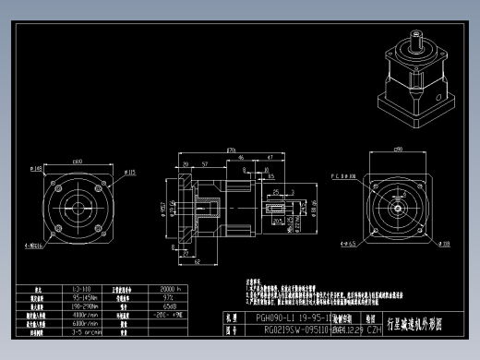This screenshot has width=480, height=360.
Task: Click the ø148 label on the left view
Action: pos(36,169)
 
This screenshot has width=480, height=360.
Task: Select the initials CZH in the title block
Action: pos(349,328)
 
